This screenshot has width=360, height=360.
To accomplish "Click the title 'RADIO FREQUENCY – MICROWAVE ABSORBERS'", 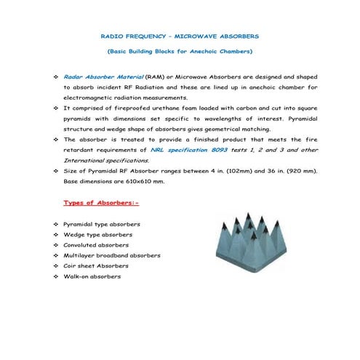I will tap(179, 36).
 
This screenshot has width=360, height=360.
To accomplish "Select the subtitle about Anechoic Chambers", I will tap(179, 52).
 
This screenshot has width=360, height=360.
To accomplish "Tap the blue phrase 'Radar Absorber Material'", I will tap(103, 76).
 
